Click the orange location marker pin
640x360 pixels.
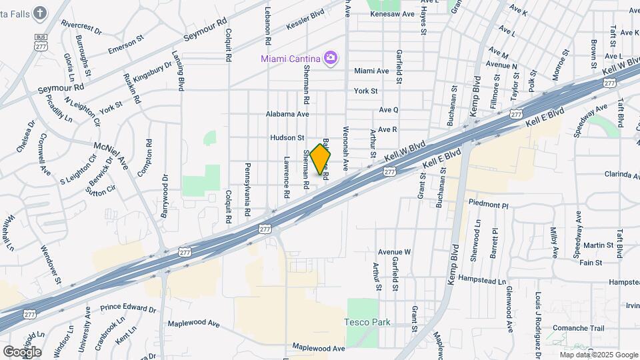coord(321,159)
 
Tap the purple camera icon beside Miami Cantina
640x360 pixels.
coord(330,59)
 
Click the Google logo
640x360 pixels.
coord(22,351)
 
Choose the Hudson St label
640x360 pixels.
coord(287,138)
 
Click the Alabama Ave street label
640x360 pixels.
coord(287,114)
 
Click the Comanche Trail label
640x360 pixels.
coord(578,328)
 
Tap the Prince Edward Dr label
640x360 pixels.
coord(128,309)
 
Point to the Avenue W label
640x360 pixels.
coord(394,252)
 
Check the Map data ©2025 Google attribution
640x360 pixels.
coord(598,355)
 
